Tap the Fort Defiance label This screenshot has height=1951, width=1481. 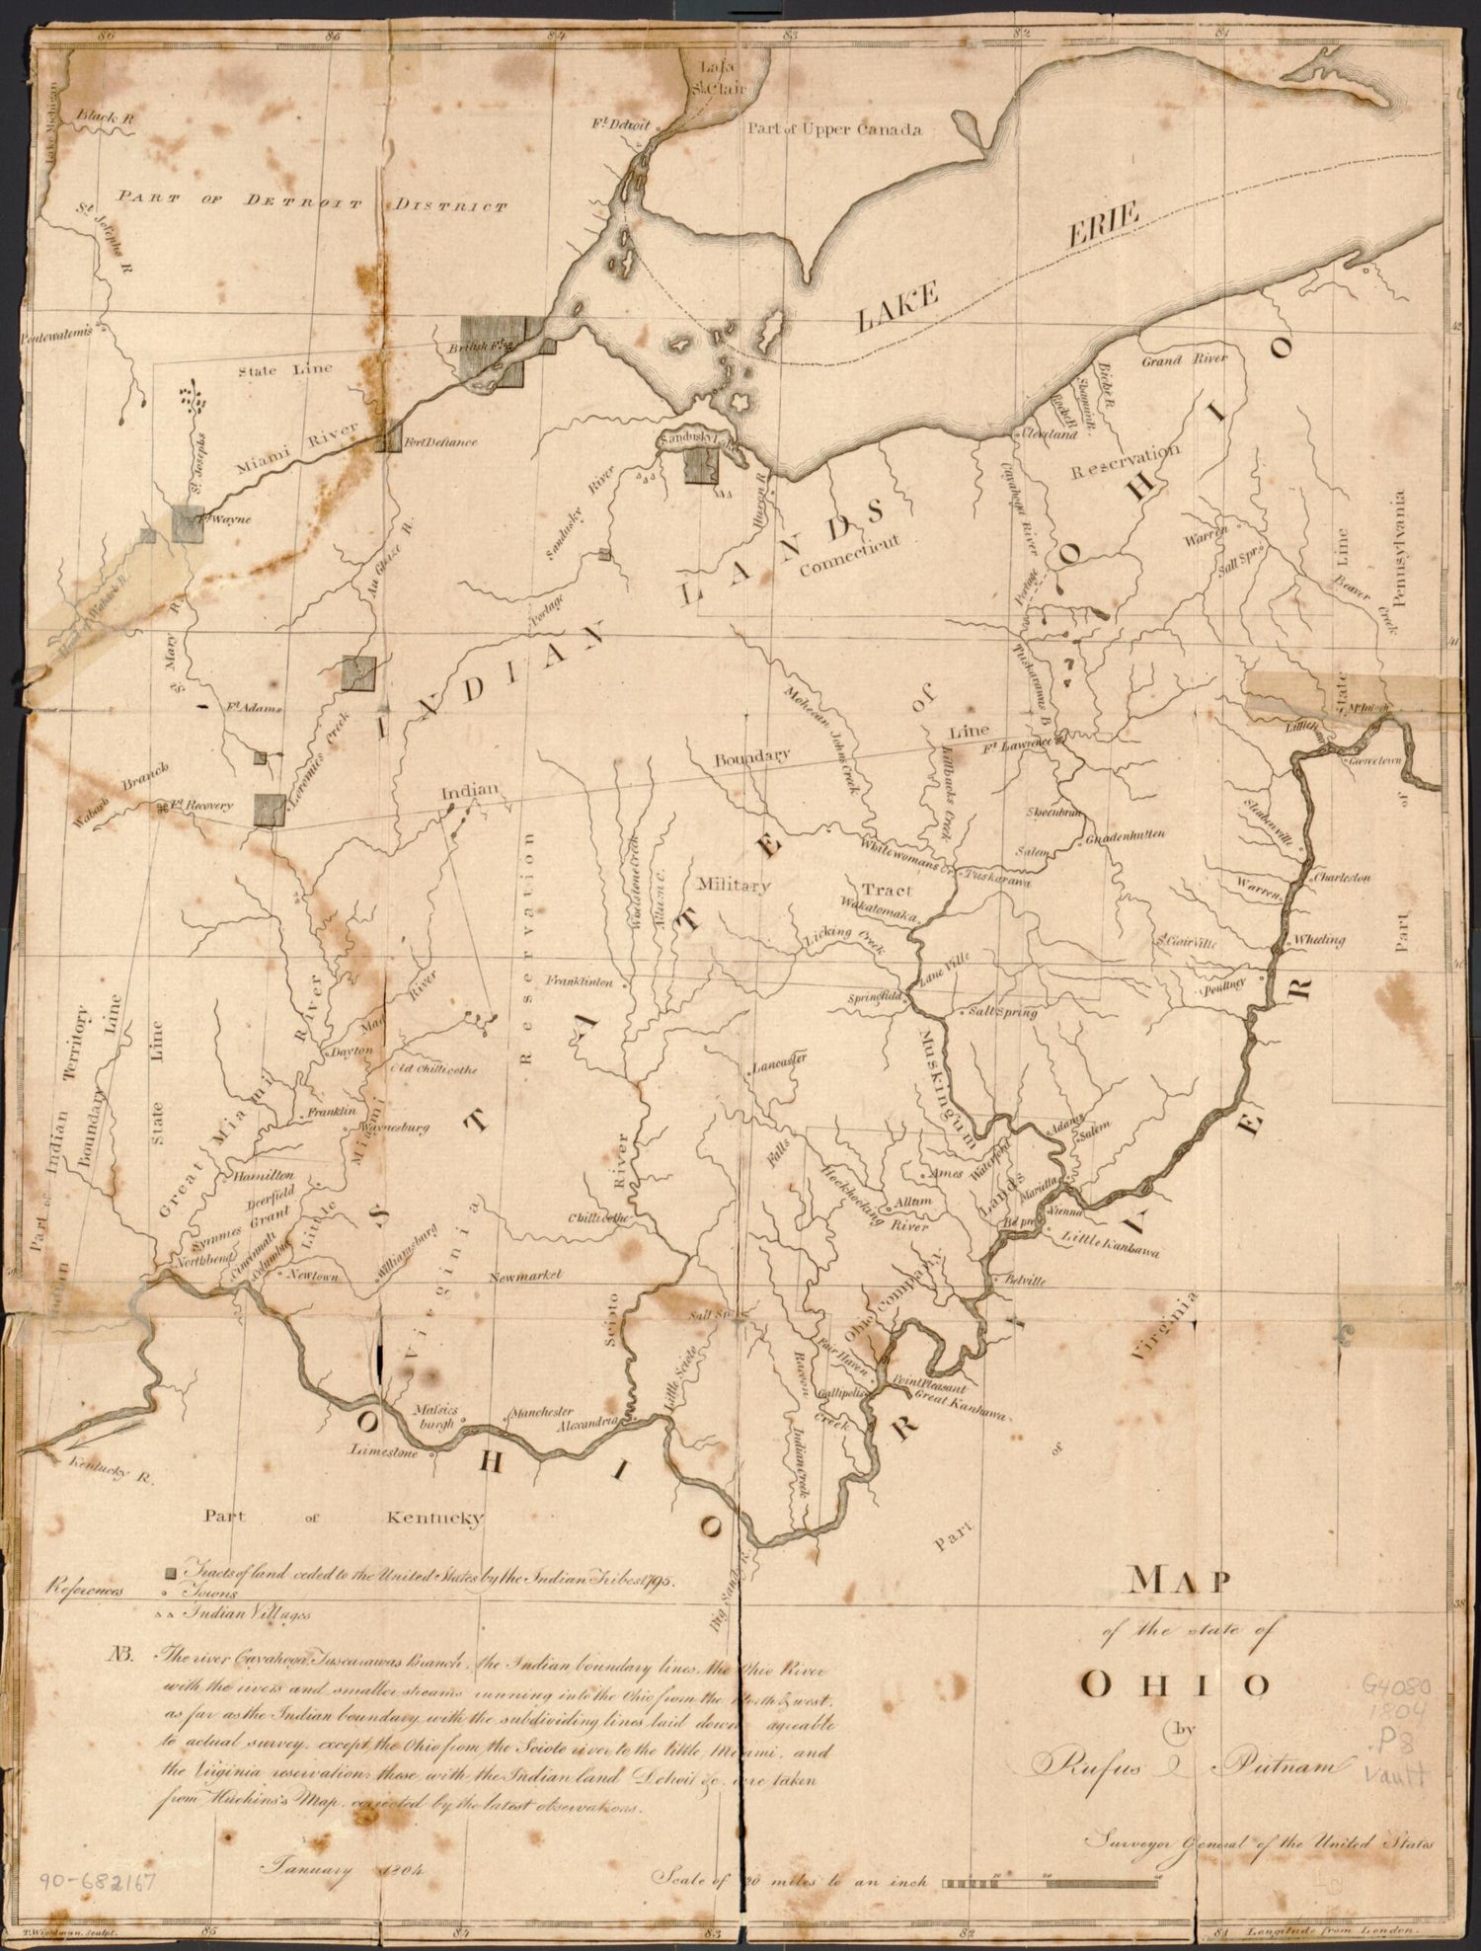pos(439,441)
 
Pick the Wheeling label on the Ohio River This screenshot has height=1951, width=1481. pos(1318,940)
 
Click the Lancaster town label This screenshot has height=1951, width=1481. pos(779,1065)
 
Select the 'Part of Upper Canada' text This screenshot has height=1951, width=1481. pos(835,129)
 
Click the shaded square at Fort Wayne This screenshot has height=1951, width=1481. pos(188,523)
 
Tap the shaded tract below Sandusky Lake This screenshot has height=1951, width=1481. pos(700,465)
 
